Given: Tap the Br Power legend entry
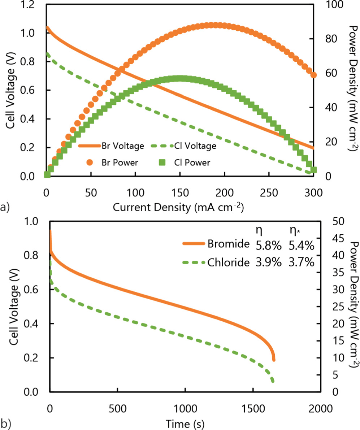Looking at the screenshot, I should [112, 162].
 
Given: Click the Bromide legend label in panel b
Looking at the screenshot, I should [229, 244].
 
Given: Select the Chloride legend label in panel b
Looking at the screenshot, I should [229, 262].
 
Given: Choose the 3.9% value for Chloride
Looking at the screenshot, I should [268, 263].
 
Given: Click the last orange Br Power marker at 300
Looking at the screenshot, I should [313, 75].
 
